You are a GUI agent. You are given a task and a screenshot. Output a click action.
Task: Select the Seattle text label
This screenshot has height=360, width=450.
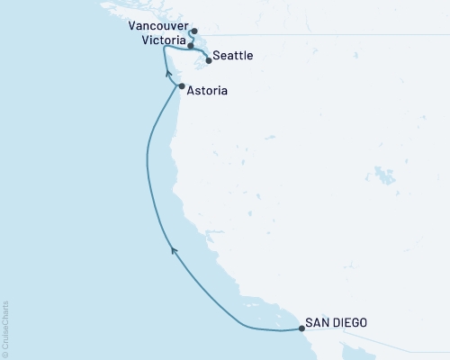click(x=233, y=57)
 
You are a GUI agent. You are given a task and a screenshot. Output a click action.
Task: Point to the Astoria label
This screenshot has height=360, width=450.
click(x=207, y=91)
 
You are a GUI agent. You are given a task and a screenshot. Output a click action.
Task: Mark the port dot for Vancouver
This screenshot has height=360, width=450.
click(x=194, y=31)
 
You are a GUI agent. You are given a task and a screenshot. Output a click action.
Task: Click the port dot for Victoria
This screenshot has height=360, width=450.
click(x=190, y=45)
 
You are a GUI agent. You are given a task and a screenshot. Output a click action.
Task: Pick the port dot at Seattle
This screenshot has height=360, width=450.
click(x=210, y=60)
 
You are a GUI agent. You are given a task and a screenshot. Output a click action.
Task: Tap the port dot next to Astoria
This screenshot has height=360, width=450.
click(x=182, y=86)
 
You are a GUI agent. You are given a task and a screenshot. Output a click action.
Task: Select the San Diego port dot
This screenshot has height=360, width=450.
click(x=301, y=328)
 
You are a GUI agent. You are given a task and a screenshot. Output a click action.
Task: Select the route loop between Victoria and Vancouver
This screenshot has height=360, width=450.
click(x=191, y=37)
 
